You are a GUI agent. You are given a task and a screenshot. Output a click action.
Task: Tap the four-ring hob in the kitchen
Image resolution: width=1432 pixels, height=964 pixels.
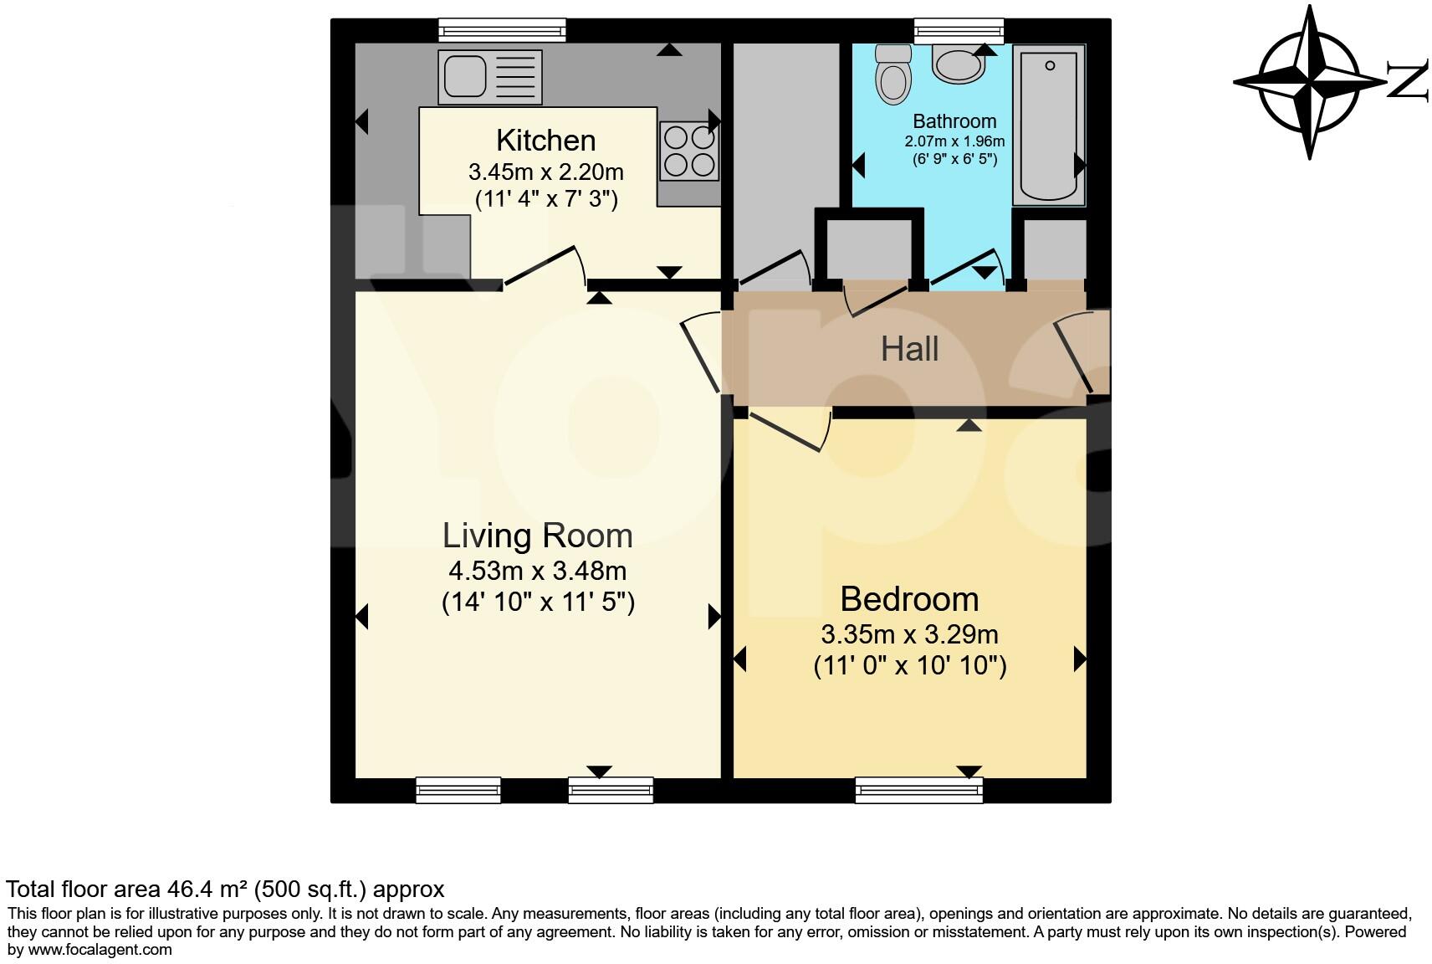click(689, 151)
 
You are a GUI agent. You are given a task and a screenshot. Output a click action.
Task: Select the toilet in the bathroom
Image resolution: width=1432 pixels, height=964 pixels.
click(892, 76)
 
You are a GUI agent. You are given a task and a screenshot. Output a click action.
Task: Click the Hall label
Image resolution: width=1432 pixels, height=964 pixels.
click(909, 349)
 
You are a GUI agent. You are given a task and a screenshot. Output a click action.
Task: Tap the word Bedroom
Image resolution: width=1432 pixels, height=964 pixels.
click(909, 599)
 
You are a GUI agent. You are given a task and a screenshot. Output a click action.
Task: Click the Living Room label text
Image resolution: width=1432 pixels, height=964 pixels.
click(537, 536)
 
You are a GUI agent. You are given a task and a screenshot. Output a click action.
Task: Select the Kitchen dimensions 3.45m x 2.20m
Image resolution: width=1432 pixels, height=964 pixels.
click(545, 172)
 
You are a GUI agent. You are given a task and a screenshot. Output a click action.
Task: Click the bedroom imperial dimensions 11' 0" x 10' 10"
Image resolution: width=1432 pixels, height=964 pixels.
click(910, 666)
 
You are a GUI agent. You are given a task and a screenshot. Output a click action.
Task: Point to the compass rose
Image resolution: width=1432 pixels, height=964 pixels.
click(1309, 82)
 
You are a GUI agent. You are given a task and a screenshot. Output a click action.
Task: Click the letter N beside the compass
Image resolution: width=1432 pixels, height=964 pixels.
click(1408, 81)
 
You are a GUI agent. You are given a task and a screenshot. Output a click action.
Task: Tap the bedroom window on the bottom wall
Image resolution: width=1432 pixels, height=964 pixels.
click(918, 790)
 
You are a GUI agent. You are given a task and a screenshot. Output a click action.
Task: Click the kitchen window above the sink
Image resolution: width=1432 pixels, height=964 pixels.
click(502, 31)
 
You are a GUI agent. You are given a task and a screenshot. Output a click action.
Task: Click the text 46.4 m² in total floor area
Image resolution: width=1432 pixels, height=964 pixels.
click(208, 889)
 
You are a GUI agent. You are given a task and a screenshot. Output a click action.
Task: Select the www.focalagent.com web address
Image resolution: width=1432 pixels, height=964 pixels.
click(100, 949)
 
